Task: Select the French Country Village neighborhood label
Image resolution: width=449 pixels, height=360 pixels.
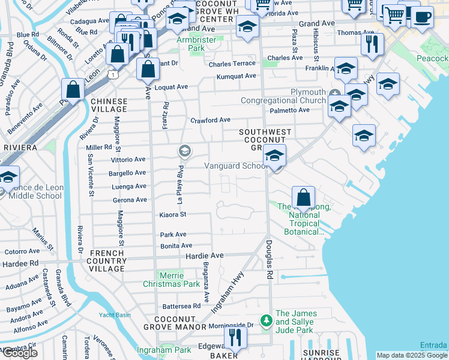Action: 107,261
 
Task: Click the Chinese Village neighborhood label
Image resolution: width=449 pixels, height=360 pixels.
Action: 109,105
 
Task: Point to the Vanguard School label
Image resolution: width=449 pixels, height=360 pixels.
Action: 235,166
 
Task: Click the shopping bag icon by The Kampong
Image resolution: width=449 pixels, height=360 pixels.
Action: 304,197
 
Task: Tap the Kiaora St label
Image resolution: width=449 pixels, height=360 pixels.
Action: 173,214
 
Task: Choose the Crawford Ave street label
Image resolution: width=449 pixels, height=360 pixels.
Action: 210,120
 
